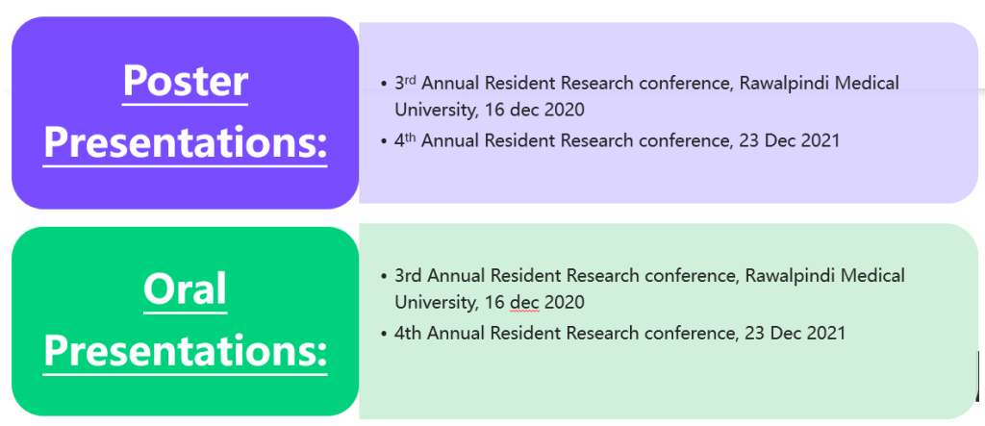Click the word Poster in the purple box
pyautogui.click(x=186, y=81)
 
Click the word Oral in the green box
pyautogui.click(x=185, y=289)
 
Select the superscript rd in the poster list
pyautogui.click(x=411, y=79)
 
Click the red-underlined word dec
pyautogui.click(x=524, y=302)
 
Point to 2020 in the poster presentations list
pyautogui.click(x=564, y=110)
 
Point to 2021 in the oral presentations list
pyautogui.click(x=824, y=333)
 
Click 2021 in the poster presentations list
pyautogui.click(x=820, y=140)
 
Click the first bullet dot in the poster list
pyautogui.click(x=385, y=84)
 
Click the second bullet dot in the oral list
pyautogui.click(x=385, y=334)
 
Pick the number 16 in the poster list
pyautogui.click(x=494, y=110)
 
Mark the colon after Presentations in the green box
pyautogui.click(x=320, y=354)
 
